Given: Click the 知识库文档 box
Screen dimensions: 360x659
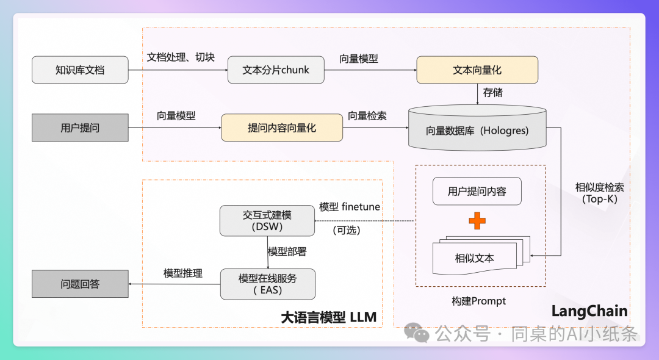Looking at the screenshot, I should [80, 70].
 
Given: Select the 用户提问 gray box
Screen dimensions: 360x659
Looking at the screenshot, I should [80, 128].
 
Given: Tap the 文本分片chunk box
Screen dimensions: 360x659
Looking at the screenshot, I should [276, 70].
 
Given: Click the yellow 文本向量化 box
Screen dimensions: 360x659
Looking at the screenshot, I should [477, 70].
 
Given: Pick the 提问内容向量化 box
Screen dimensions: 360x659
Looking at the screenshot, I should [282, 128].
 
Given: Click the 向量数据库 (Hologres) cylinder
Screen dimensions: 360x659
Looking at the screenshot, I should [477, 129].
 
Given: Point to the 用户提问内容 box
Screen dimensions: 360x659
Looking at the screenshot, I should [477, 192].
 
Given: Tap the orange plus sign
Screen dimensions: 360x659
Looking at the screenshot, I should [477, 221].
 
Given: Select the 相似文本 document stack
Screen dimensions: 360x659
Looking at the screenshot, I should [476, 256].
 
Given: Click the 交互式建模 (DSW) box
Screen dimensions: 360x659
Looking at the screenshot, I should [267, 220].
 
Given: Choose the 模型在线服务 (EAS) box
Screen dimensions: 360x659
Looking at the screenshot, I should [267, 284].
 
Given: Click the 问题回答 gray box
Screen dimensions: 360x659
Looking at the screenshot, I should [80, 284].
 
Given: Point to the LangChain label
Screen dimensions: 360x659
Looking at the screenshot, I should [589, 311].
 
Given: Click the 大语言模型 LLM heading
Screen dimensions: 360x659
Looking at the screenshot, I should [328, 317].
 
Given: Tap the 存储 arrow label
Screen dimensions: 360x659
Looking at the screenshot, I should [493, 93].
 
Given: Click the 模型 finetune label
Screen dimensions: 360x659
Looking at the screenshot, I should [350, 207].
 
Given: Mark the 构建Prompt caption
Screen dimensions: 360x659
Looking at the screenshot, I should [478, 301].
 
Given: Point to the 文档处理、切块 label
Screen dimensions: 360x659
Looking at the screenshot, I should [181, 57].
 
